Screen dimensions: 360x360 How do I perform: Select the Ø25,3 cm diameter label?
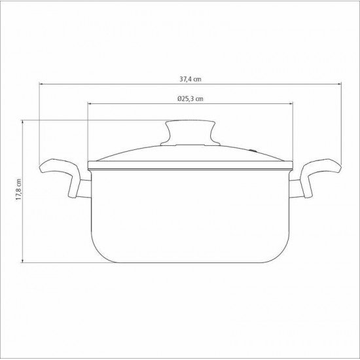tap(190, 98)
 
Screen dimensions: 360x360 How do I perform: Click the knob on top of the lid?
tap(190, 127)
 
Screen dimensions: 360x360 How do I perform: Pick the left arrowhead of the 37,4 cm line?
tap(41, 84)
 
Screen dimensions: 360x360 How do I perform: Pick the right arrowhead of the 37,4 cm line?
tap(341, 84)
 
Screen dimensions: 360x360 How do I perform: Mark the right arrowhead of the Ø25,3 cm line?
tap(292, 105)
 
